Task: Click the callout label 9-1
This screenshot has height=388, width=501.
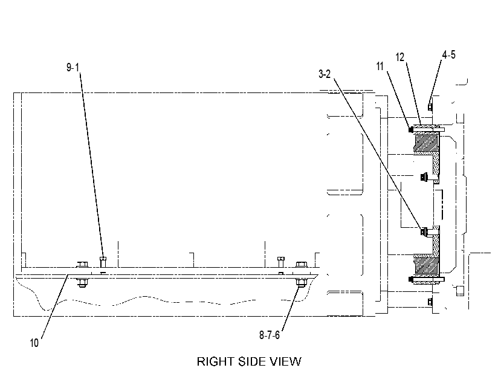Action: tap(73, 68)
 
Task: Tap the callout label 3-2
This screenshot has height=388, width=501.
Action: tap(325, 74)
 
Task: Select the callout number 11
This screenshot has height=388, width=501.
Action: tap(380, 66)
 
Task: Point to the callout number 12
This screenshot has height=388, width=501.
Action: tap(400, 57)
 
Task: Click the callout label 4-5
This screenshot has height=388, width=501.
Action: tap(448, 54)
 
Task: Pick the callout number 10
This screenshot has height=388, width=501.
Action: tap(34, 343)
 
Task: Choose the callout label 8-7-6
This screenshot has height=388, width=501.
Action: tap(270, 335)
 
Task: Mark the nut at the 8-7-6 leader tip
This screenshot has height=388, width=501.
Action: tap(300, 282)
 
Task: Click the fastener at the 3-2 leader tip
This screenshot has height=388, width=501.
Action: tap(424, 231)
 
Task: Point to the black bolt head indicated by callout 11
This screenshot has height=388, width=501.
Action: tap(411, 129)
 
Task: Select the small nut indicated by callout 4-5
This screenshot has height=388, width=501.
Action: tap(430, 107)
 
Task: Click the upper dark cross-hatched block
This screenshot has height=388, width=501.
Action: tap(426, 143)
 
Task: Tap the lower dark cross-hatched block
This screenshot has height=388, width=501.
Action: tap(426, 265)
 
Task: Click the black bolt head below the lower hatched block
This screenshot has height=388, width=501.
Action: tap(411, 279)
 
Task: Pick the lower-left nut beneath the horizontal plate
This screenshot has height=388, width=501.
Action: tap(82, 283)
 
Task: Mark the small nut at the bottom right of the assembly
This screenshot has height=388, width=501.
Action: tap(430, 302)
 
